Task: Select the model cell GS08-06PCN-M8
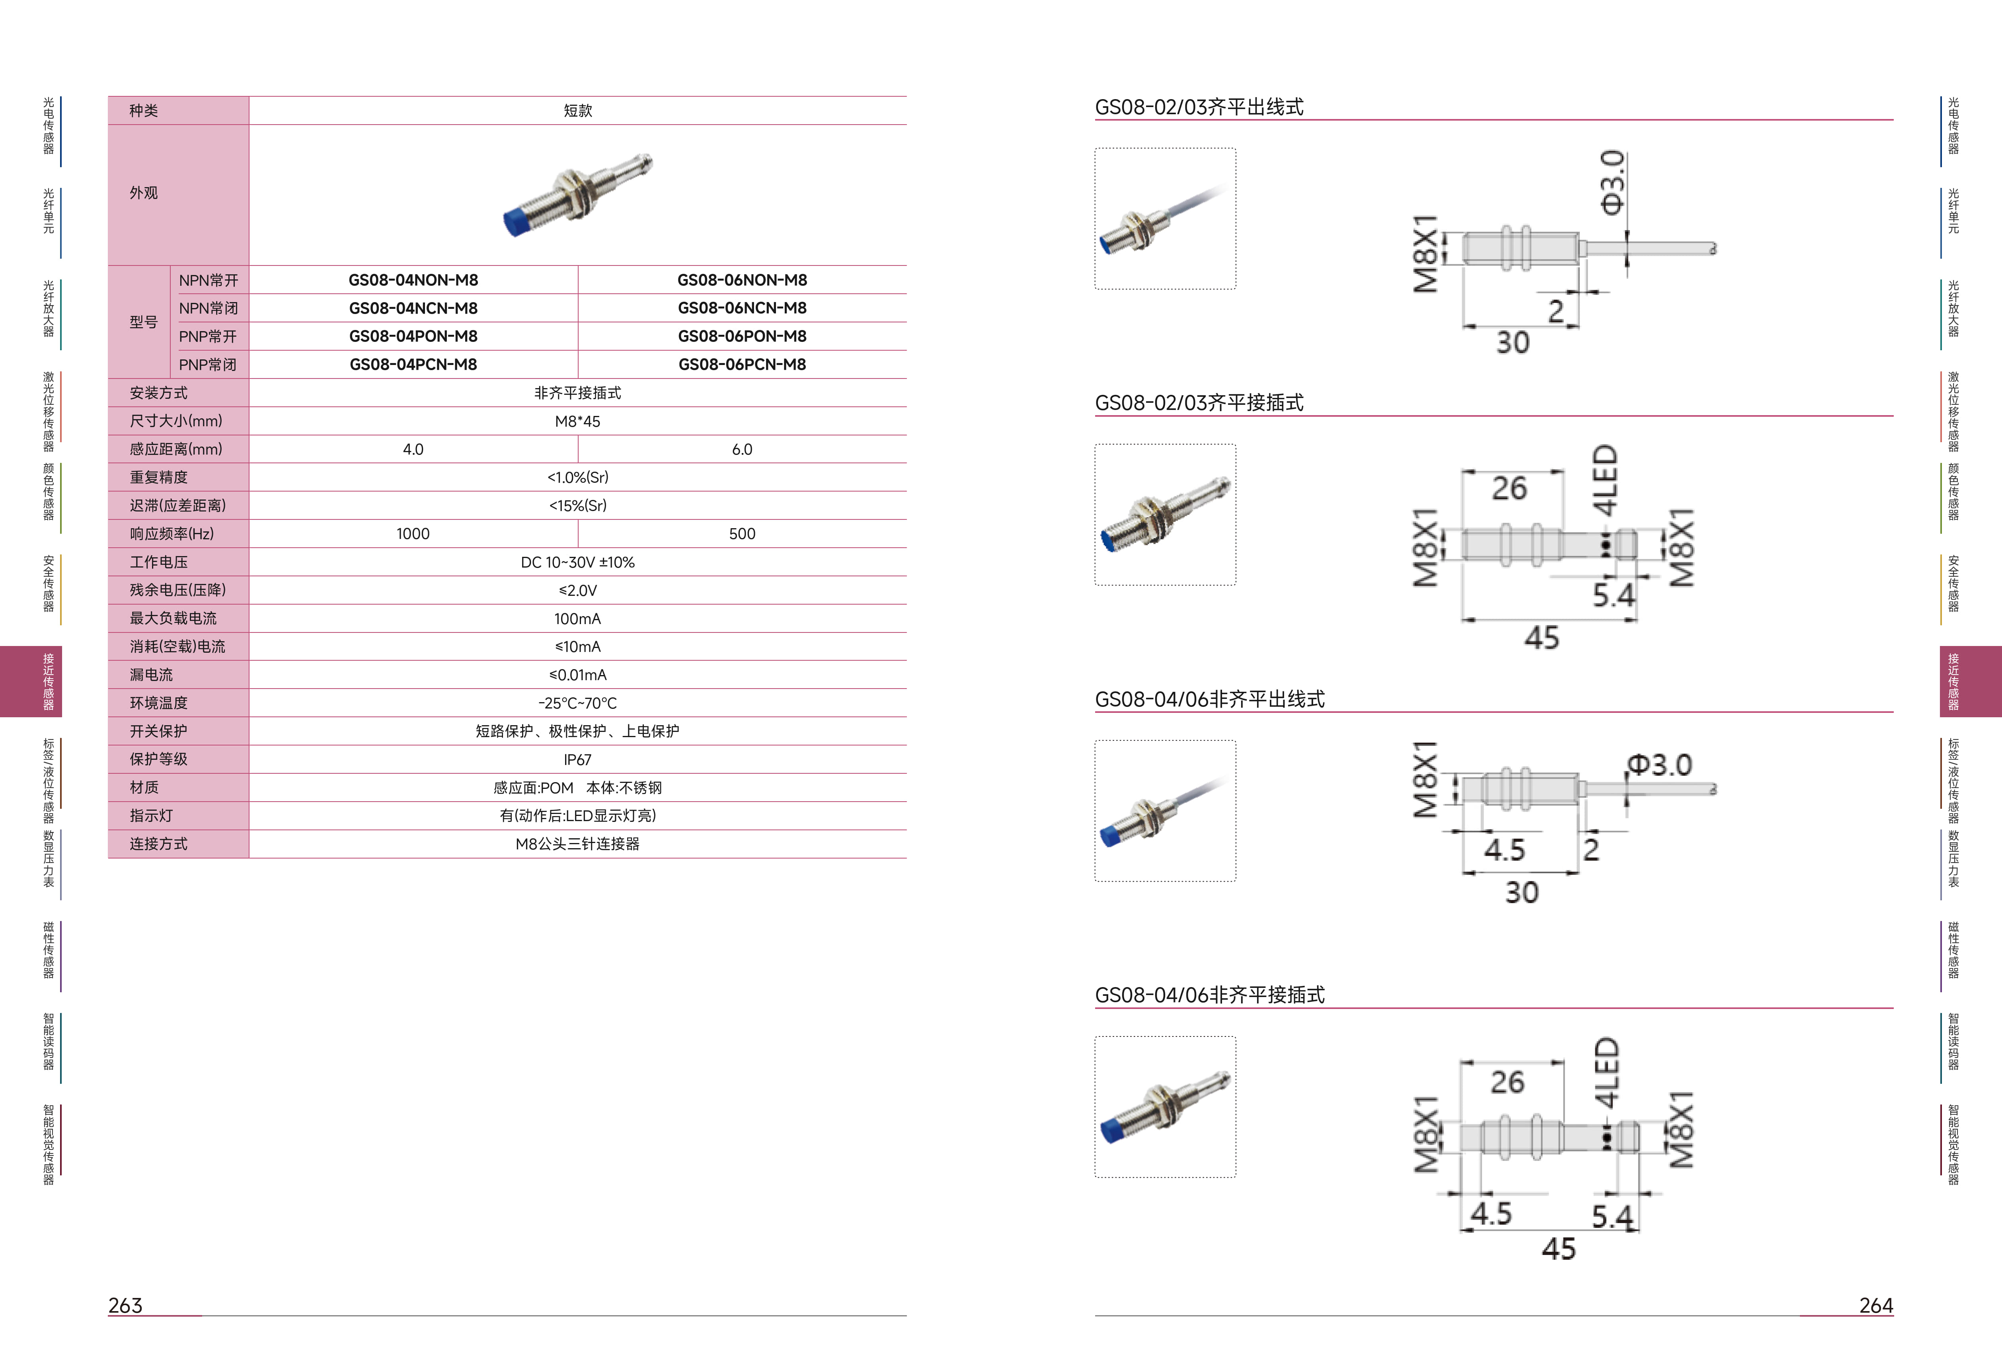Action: click(742, 365)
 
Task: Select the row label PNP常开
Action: click(208, 336)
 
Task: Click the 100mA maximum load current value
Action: click(577, 619)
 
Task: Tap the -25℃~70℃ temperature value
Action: click(577, 703)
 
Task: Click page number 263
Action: click(125, 1305)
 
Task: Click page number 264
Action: click(1876, 1305)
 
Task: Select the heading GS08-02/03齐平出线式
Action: click(1199, 107)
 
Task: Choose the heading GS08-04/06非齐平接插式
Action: click(1209, 995)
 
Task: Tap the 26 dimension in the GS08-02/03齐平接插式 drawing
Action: click(1509, 488)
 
